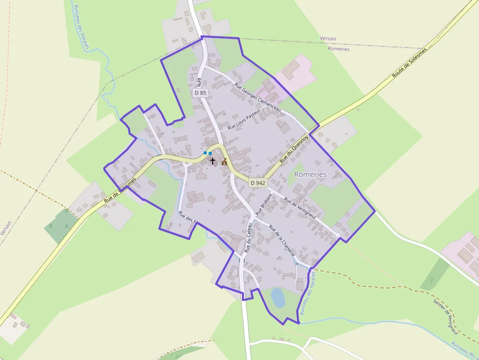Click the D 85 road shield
click(x=200, y=92)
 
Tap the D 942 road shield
click(x=258, y=183)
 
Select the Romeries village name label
click(x=310, y=174)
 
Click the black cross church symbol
click(x=213, y=160)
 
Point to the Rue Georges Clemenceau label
click(x=258, y=98)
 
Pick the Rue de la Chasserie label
click(x=282, y=241)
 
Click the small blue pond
click(x=278, y=297)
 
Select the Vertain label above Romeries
click(x=328, y=38)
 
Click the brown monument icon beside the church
click(x=224, y=162)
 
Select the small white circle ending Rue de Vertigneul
click(x=337, y=236)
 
